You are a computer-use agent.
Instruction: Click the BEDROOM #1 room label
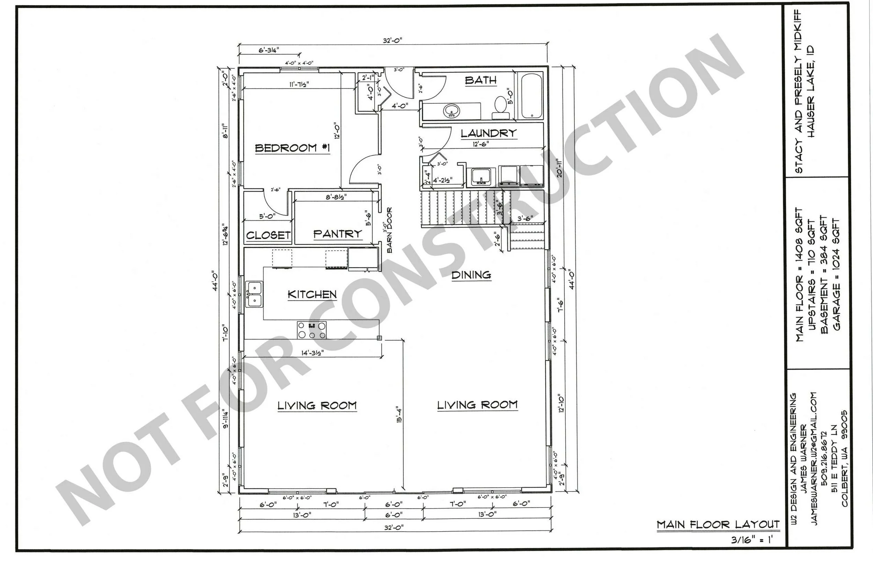(292, 148)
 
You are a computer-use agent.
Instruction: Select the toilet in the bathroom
(500, 107)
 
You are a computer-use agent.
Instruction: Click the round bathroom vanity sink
(452, 110)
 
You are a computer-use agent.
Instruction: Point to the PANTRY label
(337, 234)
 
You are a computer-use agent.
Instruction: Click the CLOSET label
(268, 236)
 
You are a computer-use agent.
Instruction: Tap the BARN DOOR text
(389, 230)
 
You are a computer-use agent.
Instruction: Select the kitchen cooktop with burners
(311, 330)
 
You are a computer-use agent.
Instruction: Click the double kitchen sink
(254, 294)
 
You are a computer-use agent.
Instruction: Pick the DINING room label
(471, 275)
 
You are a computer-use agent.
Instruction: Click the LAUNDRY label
(488, 133)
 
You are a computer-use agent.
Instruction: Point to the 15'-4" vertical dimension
(399, 415)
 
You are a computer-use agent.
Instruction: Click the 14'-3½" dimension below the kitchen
(312, 353)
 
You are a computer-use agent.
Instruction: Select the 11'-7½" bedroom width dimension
(299, 84)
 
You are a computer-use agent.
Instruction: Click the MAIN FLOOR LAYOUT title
(718, 525)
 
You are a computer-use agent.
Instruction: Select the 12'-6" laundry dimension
(480, 144)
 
